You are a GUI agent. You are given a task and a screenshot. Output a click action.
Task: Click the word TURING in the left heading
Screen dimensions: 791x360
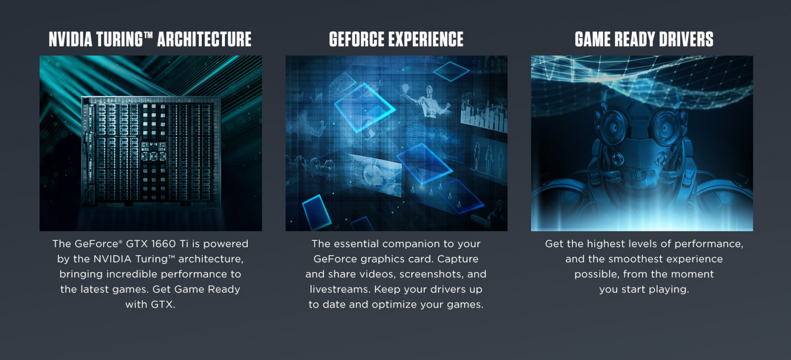120,39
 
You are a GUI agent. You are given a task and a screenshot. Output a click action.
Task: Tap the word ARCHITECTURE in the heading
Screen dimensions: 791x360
204,39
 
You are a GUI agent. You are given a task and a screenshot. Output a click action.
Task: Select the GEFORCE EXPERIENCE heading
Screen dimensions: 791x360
396,39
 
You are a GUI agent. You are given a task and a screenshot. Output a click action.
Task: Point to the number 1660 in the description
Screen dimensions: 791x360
163,244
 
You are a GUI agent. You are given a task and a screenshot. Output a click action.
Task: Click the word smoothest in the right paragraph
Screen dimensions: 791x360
631,259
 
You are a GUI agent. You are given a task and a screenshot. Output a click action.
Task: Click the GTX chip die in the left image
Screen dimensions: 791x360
151,151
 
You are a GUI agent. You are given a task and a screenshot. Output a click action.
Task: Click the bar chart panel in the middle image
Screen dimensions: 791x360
484,113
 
